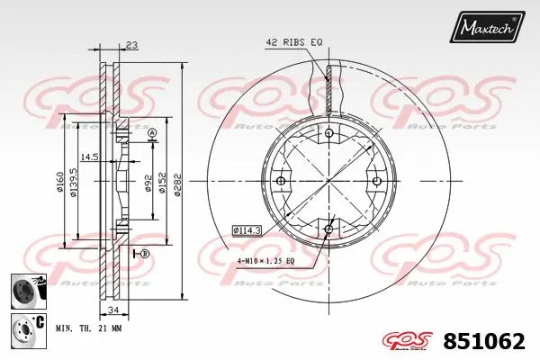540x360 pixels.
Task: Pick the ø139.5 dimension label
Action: pyautogui.click(x=76, y=184)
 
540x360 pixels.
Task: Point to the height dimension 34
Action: pyautogui.click(x=112, y=311)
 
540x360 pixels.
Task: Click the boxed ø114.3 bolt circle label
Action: pyautogui.click(x=246, y=229)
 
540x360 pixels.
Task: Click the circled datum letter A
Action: pyautogui.click(x=152, y=134)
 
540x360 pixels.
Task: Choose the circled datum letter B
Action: pyautogui.click(x=144, y=255)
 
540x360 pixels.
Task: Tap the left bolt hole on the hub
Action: pyautogui.click(x=280, y=182)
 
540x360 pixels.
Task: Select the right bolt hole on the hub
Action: pyautogui.click(x=375, y=182)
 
